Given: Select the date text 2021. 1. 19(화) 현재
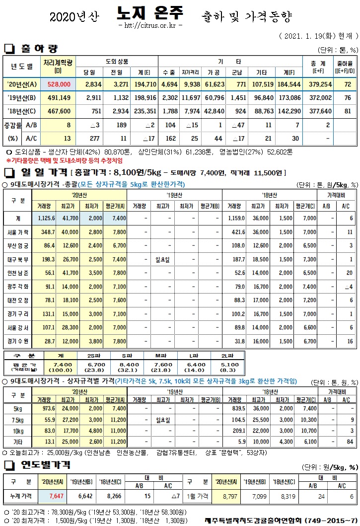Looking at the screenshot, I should click(318, 37).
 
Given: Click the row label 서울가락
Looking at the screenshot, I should click(18, 232).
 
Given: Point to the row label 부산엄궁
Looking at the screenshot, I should click(18, 245).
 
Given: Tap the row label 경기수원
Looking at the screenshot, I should click(18, 341).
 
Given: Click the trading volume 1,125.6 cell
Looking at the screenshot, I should click(46, 218).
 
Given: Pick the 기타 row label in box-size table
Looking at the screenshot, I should click(16, 442).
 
